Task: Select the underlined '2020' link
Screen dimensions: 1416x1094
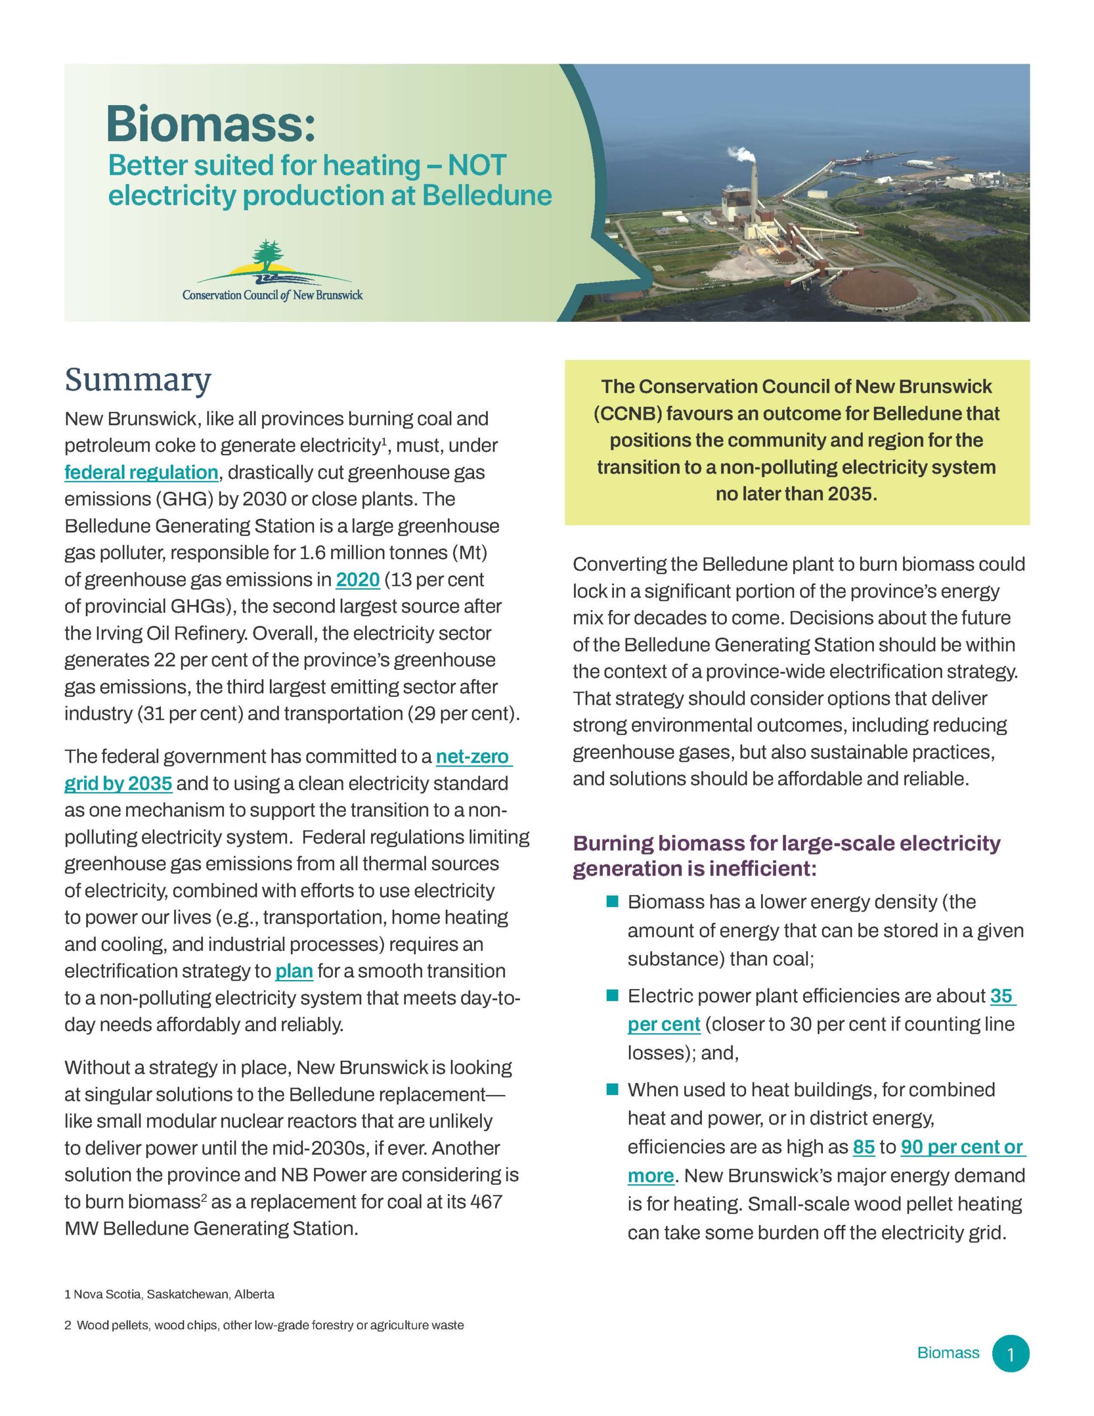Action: pyautogui.click(x=357, y=579)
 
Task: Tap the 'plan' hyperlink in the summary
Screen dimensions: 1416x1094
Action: pyautogui.click(x=294, y=971)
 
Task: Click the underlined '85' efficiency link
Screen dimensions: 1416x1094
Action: pyautogui.click(x=863, y=1147)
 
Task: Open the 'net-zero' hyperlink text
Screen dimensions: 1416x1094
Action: pyautogui.click(x=473, y=757)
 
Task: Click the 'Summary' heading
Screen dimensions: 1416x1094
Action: pyautogui.click(x=138, y=380)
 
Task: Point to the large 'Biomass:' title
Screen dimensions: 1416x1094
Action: pyautogui.click(x=211, y=123)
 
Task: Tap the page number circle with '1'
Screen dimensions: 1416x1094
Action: pyautogui.click(x=1010, y=1353)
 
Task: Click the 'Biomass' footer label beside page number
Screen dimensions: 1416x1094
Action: pyautogui.click(x=947, y=1353)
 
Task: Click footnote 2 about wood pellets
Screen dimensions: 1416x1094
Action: pyautogui.click(x=264, y=1325)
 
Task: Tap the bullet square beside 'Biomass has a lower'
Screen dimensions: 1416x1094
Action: pyautogui.click(x=612, y=901)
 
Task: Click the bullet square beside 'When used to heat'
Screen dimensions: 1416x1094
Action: pyautogui.click(x=612, y=1089)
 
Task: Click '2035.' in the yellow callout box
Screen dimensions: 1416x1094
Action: pyautogui.click(x=850, y=494)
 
